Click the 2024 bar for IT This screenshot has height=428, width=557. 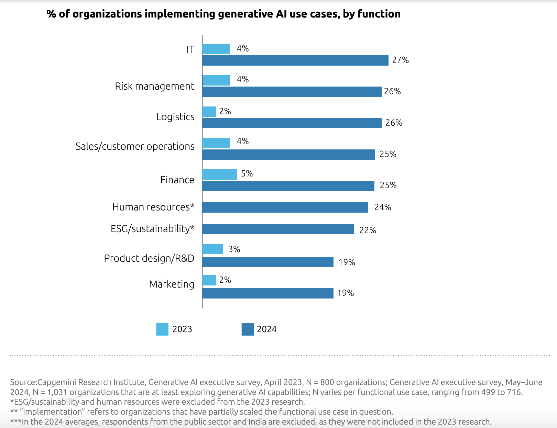(295, 60)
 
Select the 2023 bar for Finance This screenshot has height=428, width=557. (219, 174)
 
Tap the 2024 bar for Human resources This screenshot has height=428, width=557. (285, 207)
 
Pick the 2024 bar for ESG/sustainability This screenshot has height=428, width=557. (278, 229)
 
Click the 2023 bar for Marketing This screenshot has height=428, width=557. (209, 280)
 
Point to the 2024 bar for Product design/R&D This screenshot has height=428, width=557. (267, 262)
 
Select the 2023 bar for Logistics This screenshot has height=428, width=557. (209, 112)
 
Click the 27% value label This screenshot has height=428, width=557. (400, 60)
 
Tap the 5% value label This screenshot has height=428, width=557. (247, 174)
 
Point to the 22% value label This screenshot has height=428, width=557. (368, 230)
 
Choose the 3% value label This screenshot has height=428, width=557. (234, 249)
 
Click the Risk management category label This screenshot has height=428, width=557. (154, 86)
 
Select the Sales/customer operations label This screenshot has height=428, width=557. (135, 146)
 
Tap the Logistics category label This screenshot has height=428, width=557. (175, 117)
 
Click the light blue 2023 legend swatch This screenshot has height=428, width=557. (162, 329)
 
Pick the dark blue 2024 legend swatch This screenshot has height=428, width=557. (248, 329)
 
